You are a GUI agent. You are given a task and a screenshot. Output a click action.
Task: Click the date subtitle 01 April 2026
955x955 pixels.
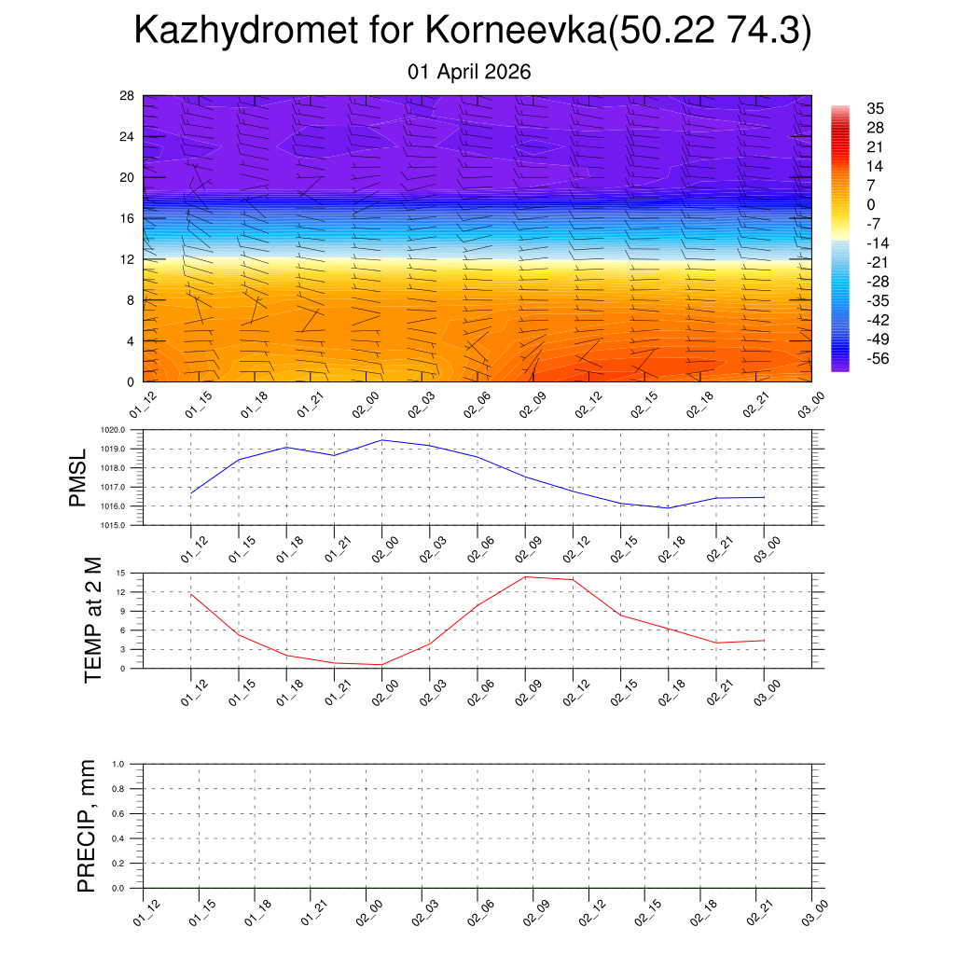point(469,72)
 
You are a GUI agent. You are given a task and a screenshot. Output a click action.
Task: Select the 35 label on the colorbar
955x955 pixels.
point(875,108)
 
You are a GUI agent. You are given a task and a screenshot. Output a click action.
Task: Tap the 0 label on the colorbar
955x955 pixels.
point(870,204)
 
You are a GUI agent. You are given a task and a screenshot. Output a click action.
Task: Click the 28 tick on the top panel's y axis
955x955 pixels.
point(128,96)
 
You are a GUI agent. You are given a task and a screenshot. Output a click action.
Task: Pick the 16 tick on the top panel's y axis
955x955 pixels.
point(128,218)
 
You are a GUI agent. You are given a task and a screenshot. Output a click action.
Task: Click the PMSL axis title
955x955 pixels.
point(77,477)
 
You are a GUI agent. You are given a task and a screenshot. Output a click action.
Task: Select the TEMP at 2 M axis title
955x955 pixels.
point(92,621)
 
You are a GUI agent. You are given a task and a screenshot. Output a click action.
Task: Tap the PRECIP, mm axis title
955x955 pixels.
point(87,826)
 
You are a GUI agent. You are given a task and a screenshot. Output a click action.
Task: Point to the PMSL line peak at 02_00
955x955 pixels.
point(382,439)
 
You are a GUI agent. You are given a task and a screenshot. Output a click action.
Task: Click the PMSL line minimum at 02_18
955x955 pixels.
point(669,508)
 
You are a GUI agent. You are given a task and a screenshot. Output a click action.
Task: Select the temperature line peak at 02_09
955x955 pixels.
point(525,576)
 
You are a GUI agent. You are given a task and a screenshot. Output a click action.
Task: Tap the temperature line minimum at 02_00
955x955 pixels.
point(382,665)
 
